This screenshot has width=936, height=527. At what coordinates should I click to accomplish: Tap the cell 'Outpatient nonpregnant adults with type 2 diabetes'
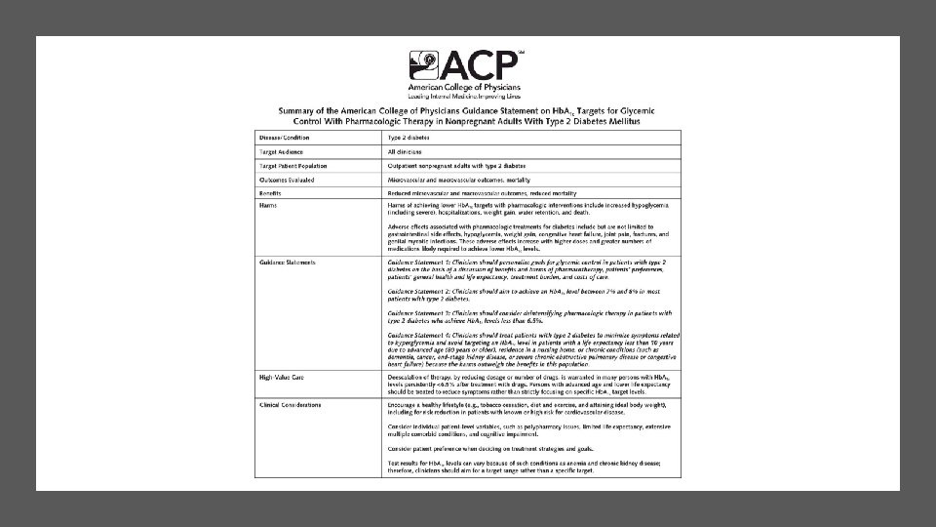point(464,166)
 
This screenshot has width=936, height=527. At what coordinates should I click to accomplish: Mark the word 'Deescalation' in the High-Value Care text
point(409,375)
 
